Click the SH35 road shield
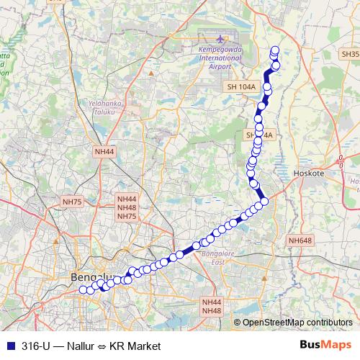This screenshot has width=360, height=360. point(349,55)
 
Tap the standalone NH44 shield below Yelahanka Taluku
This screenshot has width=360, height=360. point(104,152)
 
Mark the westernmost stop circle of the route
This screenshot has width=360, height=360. point(82,289)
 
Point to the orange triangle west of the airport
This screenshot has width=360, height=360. point(152,72)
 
